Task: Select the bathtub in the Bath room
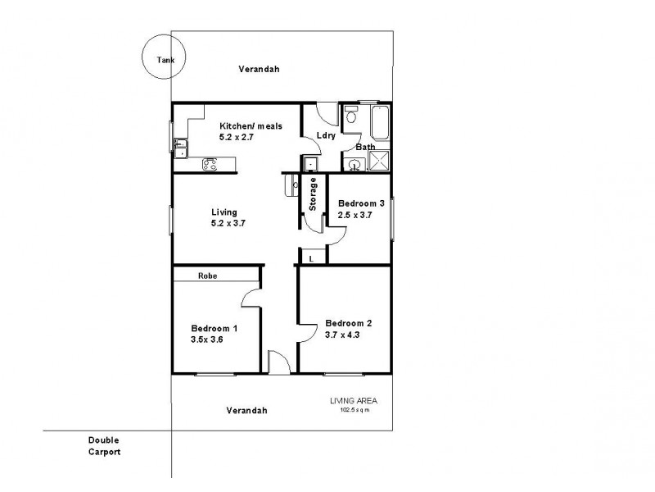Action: point(379,123)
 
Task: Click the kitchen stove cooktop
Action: point(210,165)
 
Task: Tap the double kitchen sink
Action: point(179,148)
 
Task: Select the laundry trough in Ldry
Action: point(310,164)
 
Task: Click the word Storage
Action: point(313,194)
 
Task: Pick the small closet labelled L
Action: point(312,258)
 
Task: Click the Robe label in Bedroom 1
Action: point(206,277)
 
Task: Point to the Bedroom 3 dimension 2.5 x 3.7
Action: point(355,216)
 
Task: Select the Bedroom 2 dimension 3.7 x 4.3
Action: point(342,335)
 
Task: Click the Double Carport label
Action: point(106,445)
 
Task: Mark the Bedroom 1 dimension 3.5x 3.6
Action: point(206,338)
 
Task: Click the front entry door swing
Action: point(278,361)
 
